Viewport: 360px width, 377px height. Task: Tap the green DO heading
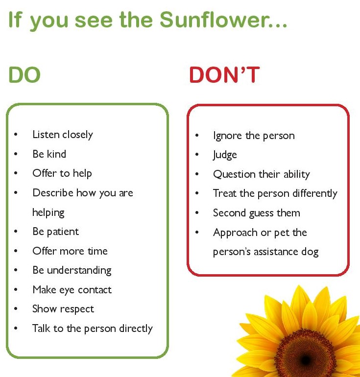[24, 75]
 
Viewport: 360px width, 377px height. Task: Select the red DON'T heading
[225, 75]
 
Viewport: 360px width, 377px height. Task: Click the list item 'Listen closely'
[63, 135]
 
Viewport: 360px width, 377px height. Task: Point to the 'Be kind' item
[49, 154]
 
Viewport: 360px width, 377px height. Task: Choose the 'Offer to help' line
[62, 173]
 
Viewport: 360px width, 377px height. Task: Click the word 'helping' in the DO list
[48, 212]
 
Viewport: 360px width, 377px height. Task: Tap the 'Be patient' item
[56, 232]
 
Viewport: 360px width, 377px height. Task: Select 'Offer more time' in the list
[70, 251]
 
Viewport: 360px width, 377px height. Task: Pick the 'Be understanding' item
[72, 270]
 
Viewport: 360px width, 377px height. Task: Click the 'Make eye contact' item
[72, 290]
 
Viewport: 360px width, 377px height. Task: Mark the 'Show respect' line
[63, 309]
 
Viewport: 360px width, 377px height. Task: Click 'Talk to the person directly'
[93, 329]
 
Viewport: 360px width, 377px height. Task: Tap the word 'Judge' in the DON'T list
[225, 155]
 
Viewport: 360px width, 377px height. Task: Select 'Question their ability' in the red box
[262, 174]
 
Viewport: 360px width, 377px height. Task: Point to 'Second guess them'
[257, 213]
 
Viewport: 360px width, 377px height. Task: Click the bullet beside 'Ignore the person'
[197, 135]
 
